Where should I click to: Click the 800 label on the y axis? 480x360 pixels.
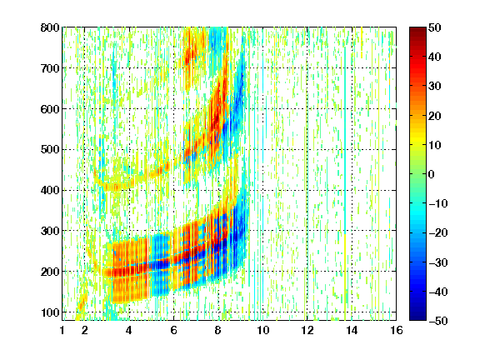pos(50,27)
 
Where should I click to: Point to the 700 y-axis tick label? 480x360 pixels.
pos(50,68)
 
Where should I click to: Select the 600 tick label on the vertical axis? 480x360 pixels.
pos(50,109)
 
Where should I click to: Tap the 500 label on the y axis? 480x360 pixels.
pos(50,150)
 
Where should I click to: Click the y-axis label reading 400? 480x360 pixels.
pos(50,190)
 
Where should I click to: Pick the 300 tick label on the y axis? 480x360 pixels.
pos(50,231)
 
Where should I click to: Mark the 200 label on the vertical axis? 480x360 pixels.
pos(50,272)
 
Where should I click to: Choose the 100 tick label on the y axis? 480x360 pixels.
pos(50,312)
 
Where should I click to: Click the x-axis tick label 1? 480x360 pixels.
pos(62,330)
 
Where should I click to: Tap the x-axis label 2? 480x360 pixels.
pos(85,330)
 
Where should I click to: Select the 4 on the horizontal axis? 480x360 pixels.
pos(129,330)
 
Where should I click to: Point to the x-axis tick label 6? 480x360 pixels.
pos(173,330)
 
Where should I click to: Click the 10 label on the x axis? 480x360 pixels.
pos(263,330)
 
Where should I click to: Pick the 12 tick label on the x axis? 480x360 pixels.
pos(307,330)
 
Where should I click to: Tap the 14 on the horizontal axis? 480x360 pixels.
pos(352,330)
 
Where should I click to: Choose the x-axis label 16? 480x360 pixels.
pos(397,330)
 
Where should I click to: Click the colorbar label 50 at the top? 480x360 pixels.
pos(435,27)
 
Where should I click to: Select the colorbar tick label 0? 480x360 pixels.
pos(432,174)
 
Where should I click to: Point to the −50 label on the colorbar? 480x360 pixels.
pos(438,321)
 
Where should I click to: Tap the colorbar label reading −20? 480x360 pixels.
pos(438,233)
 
